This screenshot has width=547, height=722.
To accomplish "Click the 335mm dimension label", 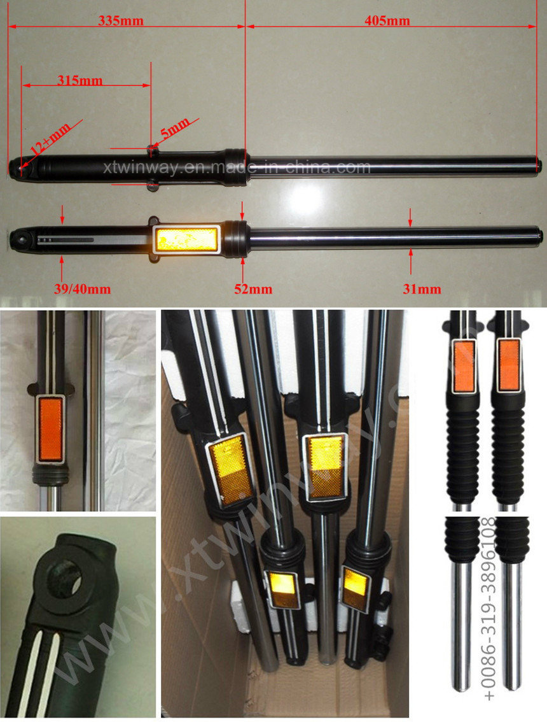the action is coord(121,21).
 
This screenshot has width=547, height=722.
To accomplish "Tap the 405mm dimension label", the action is coord(387,21).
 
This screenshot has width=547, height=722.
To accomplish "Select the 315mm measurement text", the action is coord(80,80).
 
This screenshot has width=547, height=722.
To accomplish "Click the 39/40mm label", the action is coord(82,288).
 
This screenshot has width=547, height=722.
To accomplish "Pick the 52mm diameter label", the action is coord(253,288).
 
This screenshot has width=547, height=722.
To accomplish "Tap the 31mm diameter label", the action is coord(422,288).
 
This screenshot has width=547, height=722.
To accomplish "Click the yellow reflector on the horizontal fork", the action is coord(187,239).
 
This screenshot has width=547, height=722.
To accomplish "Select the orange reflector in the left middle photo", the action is coord(50,430).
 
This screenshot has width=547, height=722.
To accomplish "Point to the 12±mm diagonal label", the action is coord(51,139).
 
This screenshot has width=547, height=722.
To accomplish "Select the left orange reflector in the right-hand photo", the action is coord(464,365).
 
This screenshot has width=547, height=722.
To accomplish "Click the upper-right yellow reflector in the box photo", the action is coord(325,466).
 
